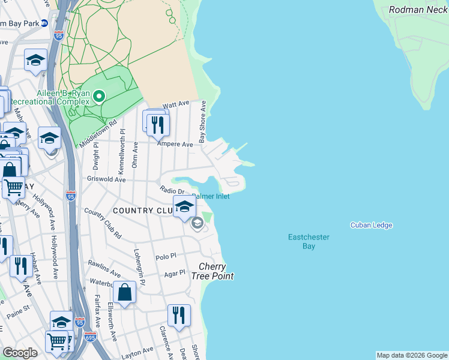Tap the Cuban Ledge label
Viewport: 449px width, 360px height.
(371, 226)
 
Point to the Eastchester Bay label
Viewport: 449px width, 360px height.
(309, 241)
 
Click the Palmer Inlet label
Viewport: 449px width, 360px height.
(211, 196)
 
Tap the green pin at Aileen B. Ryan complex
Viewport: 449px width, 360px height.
(100, 96)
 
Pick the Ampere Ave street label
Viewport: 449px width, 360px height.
(175, 144)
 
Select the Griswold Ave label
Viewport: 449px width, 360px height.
(106, 179)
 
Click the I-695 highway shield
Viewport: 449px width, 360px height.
(90, 337)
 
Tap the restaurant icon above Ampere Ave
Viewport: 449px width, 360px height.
(158, 124)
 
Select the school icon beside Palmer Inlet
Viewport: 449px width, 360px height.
(184, 207)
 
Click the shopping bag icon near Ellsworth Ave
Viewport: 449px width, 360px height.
(124, 292)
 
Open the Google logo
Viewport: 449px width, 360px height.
(20, 353)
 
